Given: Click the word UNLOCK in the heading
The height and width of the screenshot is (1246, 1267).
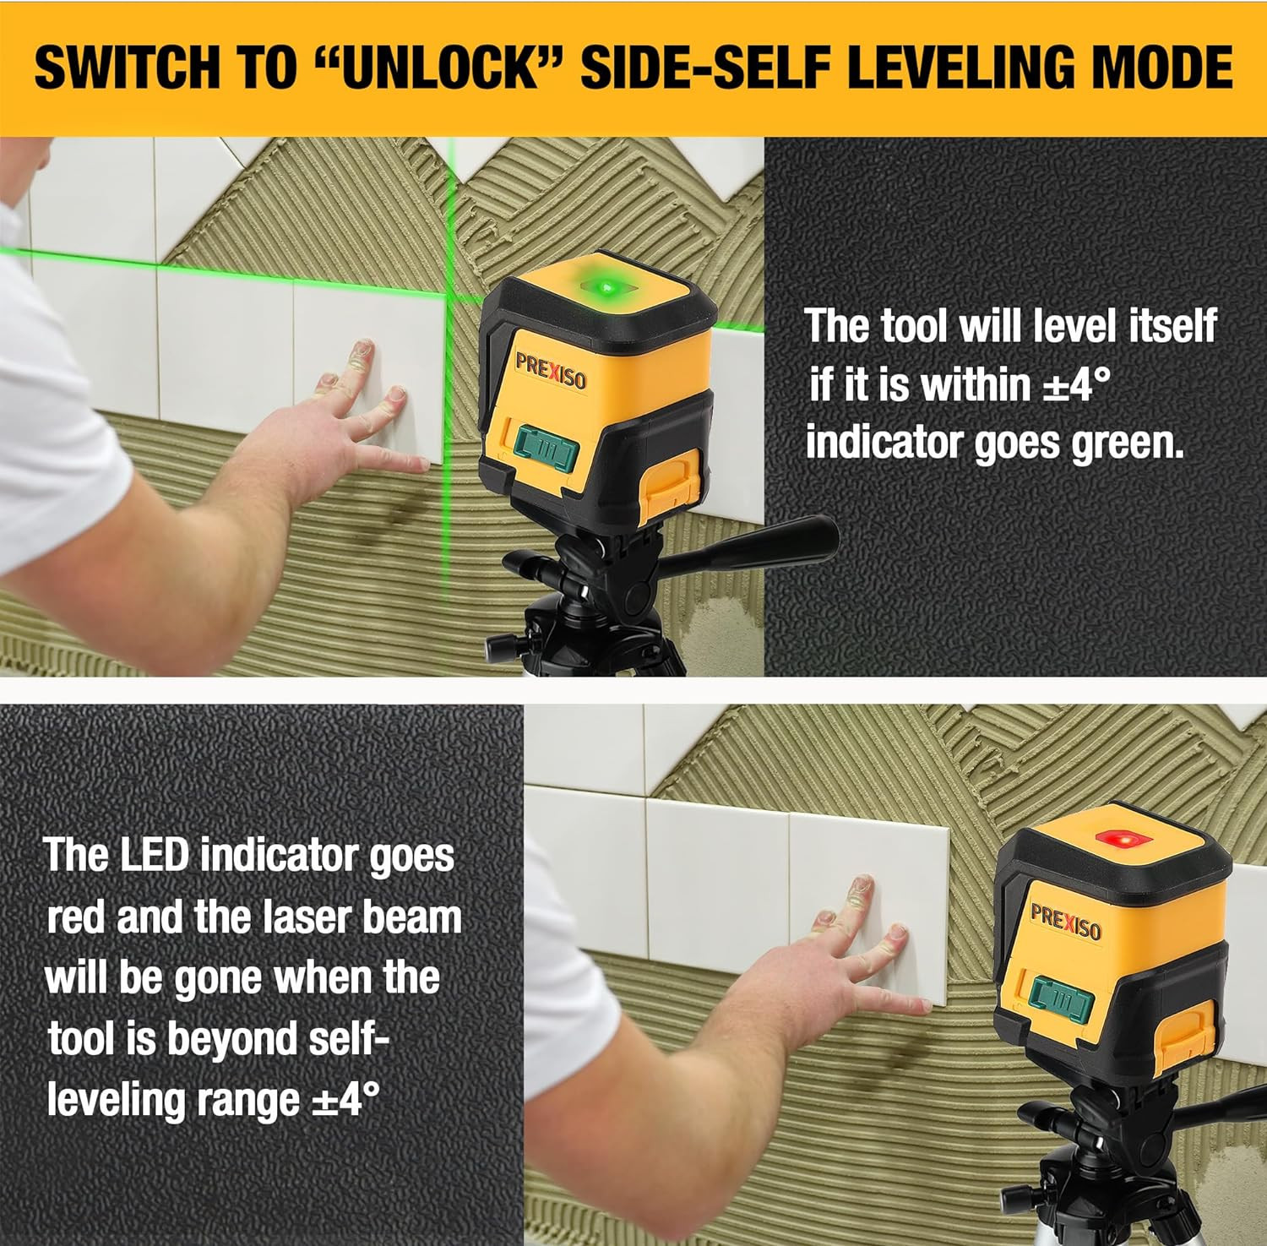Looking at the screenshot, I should point(443,68).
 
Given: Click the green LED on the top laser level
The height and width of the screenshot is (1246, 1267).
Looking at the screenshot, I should point(606,289).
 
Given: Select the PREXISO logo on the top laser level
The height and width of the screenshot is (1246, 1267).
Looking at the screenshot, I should point(550,372).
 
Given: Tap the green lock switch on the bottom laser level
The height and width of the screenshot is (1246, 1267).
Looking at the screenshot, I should point(1061,999).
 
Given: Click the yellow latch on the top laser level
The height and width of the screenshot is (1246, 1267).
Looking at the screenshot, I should point(672,484).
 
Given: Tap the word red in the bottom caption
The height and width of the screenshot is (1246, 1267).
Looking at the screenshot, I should point(77,917).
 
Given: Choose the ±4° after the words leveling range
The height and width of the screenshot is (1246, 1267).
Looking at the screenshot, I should point(345,1100).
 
